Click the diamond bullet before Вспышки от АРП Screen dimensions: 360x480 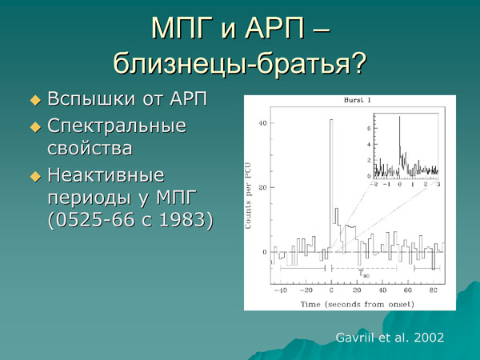pyautogui.click(x=34, y=101)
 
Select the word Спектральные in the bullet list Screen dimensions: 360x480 pyautogui.click(x=117, y=126)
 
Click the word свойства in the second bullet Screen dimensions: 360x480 pyautogui.click(x=90, y=148)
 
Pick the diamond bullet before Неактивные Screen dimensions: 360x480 pyautogui.click(x=34, y=175)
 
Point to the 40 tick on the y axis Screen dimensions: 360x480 pyautogui.click(x=262, y=123)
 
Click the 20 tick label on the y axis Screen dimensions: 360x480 pyautogui.click(x=262, y=187)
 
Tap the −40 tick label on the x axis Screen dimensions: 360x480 pyautogui.click(x=279, y=290)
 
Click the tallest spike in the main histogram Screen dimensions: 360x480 pyautogui.click(x=330, y=122)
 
